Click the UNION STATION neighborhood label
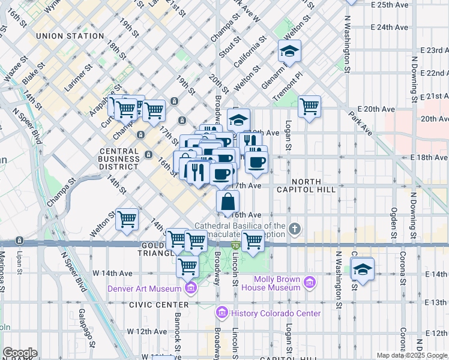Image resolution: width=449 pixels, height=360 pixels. [x=70, y=36]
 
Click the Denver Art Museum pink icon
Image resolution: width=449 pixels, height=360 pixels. [x=191, y=289]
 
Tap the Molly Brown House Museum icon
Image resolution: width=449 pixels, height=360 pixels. [x=310, y=282]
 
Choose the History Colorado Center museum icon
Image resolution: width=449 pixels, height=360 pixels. [x=221, y=313]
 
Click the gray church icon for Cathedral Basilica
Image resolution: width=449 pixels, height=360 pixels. [x=294, y=229]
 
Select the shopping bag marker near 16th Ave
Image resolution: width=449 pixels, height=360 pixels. [x=228, y=202]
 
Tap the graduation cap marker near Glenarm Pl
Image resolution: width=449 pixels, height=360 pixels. [x=289, y=52]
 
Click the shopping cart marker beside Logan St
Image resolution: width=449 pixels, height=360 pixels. [x=309, y=107]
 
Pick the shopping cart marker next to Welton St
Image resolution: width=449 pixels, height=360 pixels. [x=127, y=220]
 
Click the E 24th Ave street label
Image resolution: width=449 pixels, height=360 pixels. [x=390, y=27]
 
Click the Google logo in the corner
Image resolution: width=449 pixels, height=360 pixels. [x=20, y=353]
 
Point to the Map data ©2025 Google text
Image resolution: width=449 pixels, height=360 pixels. [x=412, y=355]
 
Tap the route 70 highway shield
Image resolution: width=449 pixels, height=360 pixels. [x=236, y=245]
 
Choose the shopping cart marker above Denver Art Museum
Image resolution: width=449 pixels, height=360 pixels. [x=187, y=265]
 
